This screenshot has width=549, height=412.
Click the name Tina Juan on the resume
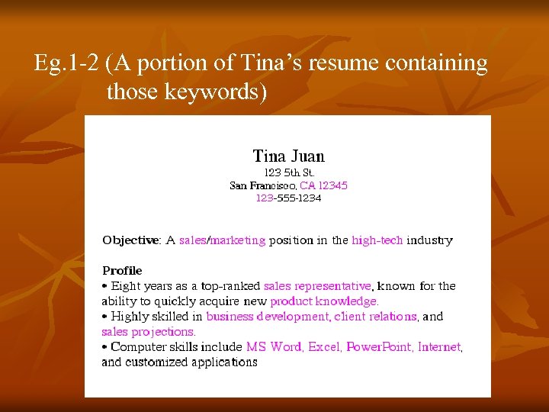288,156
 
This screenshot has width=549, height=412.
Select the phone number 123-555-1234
288,198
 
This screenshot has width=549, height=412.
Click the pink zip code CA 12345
323,185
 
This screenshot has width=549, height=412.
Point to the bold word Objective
130,240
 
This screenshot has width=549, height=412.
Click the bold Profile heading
122,270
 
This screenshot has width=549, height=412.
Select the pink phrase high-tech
377,240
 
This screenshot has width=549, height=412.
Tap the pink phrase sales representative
317,286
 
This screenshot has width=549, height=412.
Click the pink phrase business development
267,317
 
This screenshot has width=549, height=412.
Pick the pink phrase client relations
375,317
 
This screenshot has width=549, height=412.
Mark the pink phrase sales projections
148,332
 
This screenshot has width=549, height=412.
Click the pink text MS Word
274,347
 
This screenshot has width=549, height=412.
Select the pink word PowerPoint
379,347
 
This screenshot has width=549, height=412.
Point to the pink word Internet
439,347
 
